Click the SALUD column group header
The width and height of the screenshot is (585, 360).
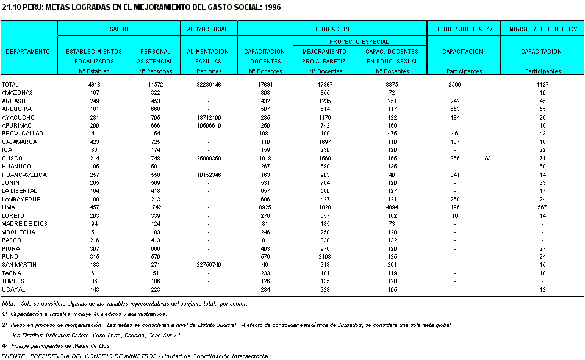tap(118, 29)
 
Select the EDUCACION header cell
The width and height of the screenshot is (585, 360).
tap(332, 29)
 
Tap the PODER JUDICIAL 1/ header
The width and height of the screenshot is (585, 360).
tap(463, 29)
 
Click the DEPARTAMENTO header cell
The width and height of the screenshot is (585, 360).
tap(28, 52)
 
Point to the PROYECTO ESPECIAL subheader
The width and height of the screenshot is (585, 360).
tap(359, 42)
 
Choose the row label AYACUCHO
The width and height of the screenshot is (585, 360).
tap(18, 117)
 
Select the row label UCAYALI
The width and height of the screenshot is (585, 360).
tap(15, 290)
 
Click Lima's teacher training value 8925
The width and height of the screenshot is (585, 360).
tap(265, 207)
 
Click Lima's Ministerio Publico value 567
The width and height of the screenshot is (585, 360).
tap(542, 207)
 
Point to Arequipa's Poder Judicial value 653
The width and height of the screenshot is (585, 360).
tap(454, 109)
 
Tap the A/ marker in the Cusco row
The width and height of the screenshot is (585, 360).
tap(487, 158)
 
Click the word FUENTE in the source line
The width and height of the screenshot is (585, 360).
tap(13, 356)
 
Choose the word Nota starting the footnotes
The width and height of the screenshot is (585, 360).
tap(9, 303)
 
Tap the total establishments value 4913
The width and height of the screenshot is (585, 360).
tap(94, 84)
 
